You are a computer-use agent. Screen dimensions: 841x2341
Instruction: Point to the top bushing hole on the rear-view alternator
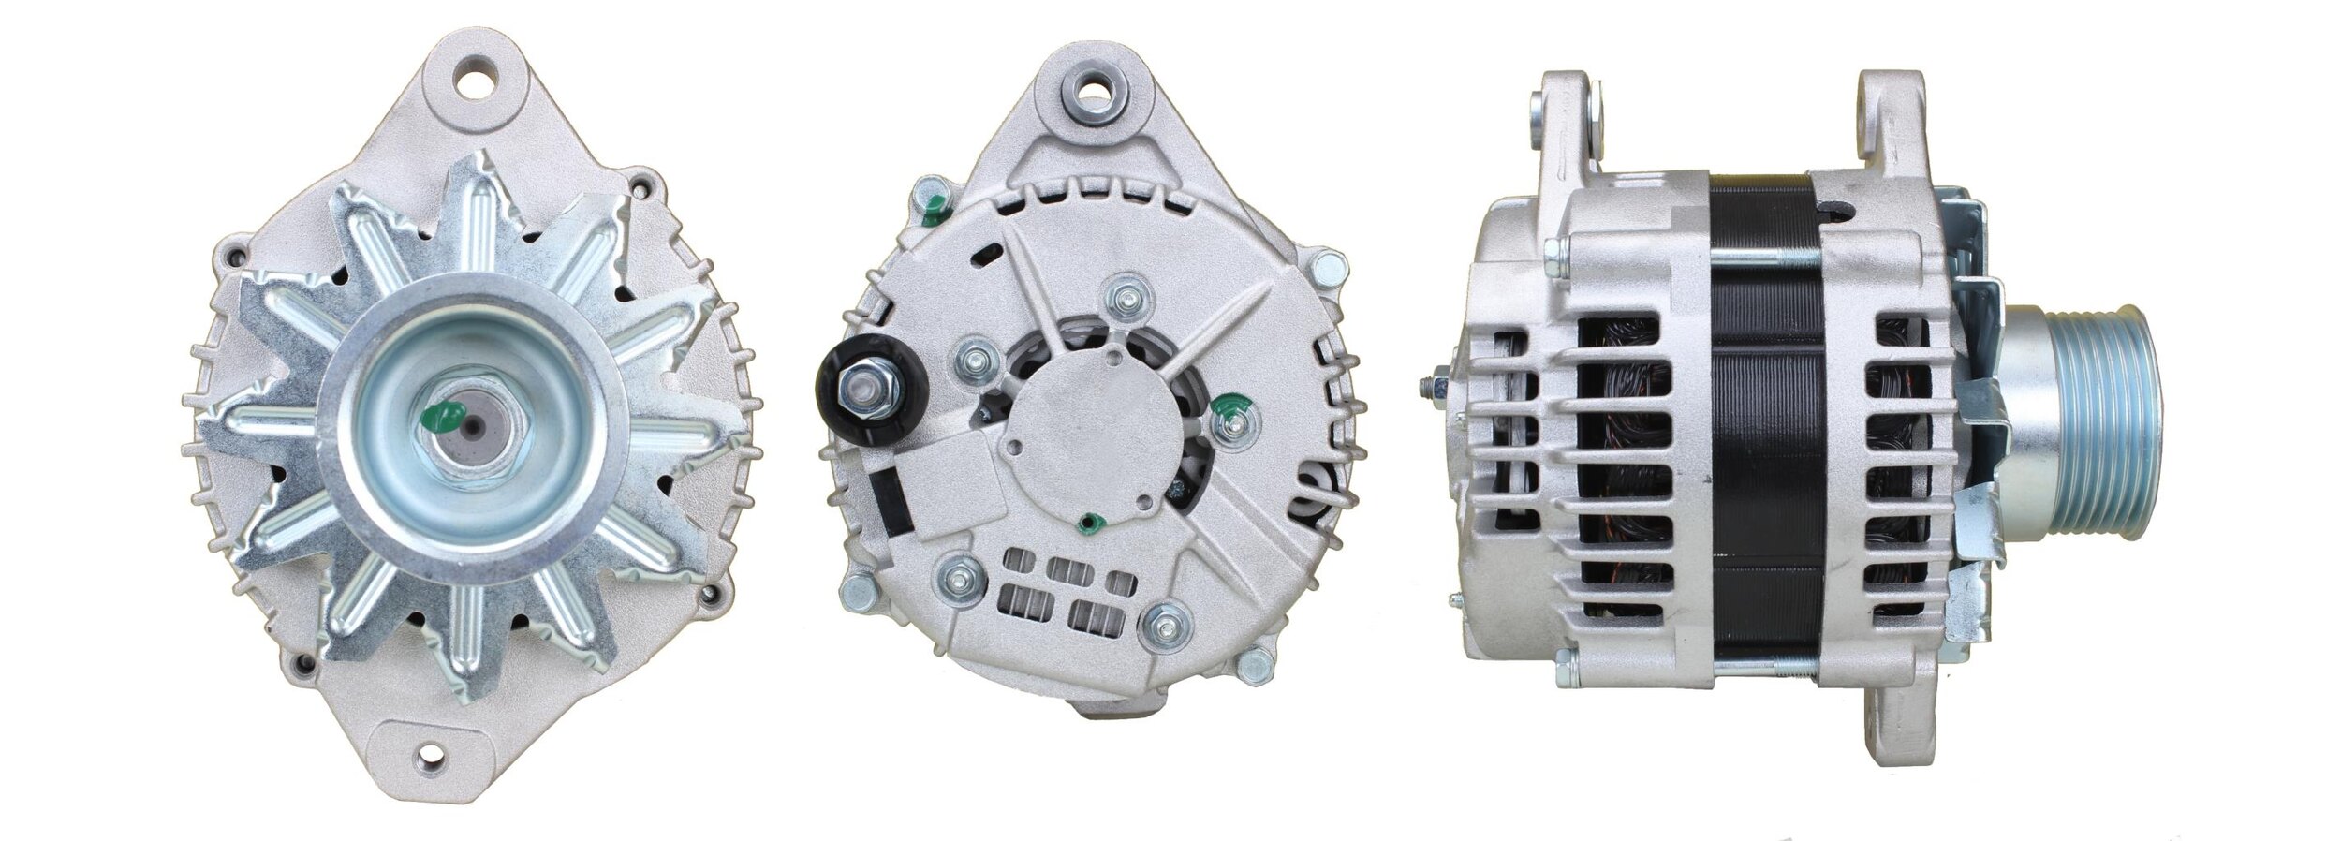coord(1092,96)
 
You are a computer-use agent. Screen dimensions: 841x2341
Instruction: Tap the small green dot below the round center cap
coord(1089,522)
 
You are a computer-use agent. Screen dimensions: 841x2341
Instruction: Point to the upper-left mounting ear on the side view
coord(1568,122)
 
